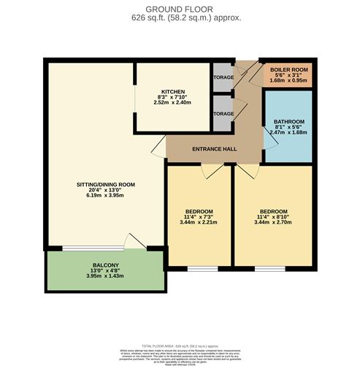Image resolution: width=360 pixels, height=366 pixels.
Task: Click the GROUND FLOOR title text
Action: click(x=180, y=7)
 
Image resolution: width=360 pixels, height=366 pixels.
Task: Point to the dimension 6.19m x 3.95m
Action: click(x=107, y=197)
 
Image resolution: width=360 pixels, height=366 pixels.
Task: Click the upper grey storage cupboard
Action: click(x=222, y=77)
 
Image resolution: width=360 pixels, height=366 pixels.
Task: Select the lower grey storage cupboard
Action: click(x=222, y=114)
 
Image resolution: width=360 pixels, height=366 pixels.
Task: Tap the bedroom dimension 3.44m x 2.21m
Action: click(x=199, y=224)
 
